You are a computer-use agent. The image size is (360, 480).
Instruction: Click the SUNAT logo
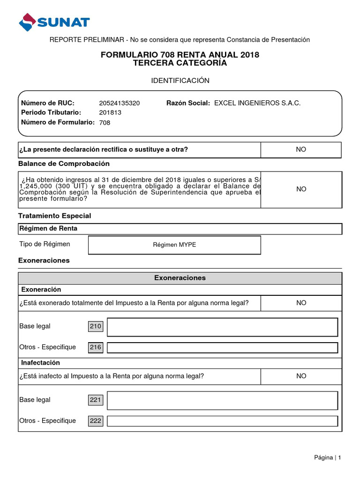click(54, 22)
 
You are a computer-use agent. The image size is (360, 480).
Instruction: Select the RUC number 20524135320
click(119, 103)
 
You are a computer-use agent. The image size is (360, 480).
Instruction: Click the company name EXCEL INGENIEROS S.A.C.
click(257, 103)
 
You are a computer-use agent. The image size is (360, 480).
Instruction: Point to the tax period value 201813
click(109, 112)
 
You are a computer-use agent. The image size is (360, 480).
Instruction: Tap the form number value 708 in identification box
click(105, 123)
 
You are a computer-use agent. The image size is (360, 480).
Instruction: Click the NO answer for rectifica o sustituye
click(301, 150)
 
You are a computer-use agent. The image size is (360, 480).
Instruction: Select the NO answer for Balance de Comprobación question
click(301, 189)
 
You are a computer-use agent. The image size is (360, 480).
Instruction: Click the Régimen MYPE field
click(174, 245)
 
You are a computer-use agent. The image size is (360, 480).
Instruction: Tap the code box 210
click(96, 327)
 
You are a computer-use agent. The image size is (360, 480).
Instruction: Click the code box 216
click(96, 347)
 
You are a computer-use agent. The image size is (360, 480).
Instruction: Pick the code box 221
click(96, 400)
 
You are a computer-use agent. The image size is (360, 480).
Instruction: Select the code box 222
click(96, 421)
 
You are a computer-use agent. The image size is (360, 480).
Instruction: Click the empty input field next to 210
click(222, 327)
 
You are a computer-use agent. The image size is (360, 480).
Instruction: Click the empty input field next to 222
click(222, 421)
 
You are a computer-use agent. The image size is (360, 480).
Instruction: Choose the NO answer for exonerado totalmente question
click(301, 303)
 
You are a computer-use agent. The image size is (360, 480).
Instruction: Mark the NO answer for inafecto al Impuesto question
click(301, 376)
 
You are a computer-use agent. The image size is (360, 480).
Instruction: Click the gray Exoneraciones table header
click(180, 278)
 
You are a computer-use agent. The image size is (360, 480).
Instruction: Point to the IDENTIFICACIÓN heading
click(180, 81)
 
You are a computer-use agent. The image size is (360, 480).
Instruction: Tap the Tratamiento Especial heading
click(54, 216)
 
